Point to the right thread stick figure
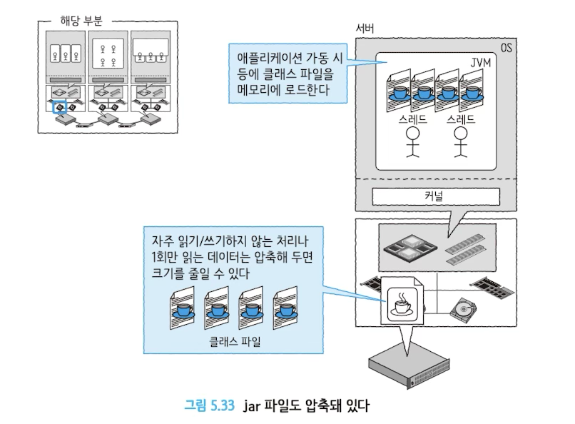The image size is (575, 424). pos(460,141)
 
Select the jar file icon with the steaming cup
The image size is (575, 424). pos(402,301)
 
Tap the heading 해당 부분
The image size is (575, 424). pos(81,21)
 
